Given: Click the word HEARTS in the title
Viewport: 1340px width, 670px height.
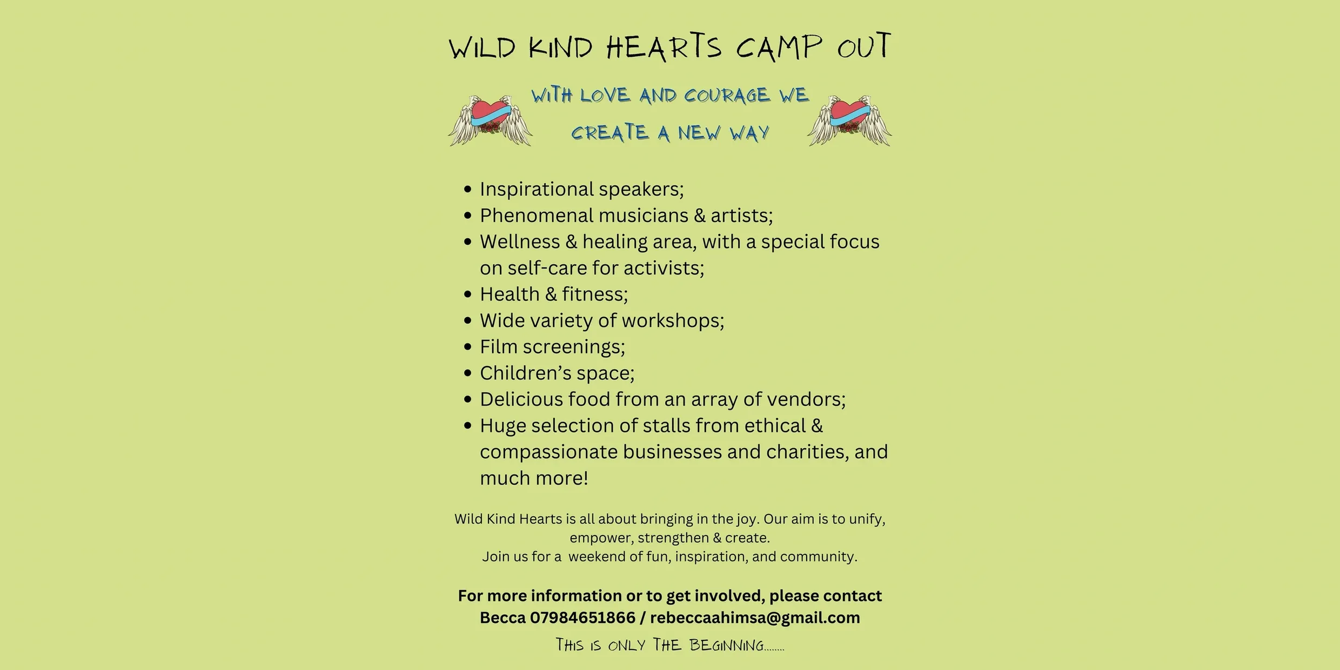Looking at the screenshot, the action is [x=664, y=47].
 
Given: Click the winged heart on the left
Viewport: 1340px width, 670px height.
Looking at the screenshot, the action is [x=491, y=120].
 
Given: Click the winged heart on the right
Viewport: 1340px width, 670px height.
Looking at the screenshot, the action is [x=849, y=120].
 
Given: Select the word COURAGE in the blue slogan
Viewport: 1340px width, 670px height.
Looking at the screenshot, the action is [x=727, y=96].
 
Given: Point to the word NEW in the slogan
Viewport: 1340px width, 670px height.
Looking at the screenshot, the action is [x=699, y=133].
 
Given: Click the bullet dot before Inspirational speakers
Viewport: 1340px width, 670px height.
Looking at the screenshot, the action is [x=468, y=190].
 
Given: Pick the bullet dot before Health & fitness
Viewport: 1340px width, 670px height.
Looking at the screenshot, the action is [x=468, y=294].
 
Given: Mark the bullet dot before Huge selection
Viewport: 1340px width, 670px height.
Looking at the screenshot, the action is [x=468, y=426].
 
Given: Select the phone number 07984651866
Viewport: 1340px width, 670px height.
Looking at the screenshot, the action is [x=582, y=618].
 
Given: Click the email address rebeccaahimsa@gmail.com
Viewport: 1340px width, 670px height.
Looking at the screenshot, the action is [x=755, y=618].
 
